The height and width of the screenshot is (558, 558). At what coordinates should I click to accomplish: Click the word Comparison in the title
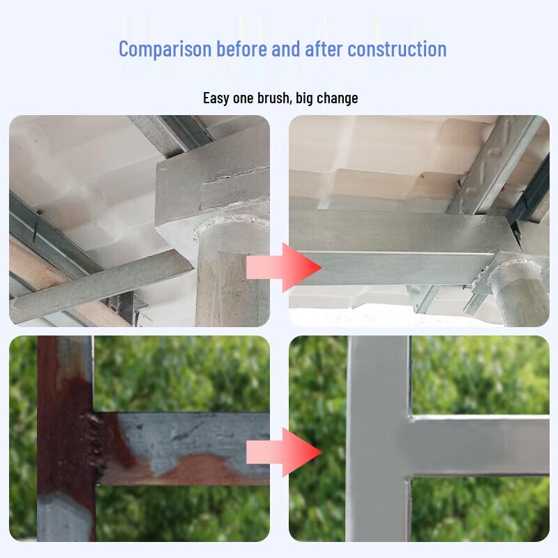pos(165,50)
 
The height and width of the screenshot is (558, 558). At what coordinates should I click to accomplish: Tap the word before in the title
pos(241,49)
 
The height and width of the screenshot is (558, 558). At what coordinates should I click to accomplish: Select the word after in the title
pos(324,49)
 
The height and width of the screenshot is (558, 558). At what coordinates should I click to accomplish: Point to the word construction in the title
pos(397,49)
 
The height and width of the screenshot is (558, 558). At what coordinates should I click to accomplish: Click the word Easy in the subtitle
pos(216,98)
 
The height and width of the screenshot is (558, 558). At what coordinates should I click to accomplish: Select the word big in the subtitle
pos(304,98)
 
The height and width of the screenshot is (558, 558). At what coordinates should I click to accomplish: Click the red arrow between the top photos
pos(284,268)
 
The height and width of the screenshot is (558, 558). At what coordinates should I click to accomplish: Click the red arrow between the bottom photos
pos(284,452)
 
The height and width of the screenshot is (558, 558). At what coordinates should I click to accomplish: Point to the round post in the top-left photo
pos(232,274)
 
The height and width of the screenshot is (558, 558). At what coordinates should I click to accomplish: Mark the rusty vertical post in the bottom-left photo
pos(66,439)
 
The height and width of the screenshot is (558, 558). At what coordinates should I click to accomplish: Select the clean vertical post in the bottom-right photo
pos(379,439)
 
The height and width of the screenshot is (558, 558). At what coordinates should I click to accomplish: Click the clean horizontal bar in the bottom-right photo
pos(481,446)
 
